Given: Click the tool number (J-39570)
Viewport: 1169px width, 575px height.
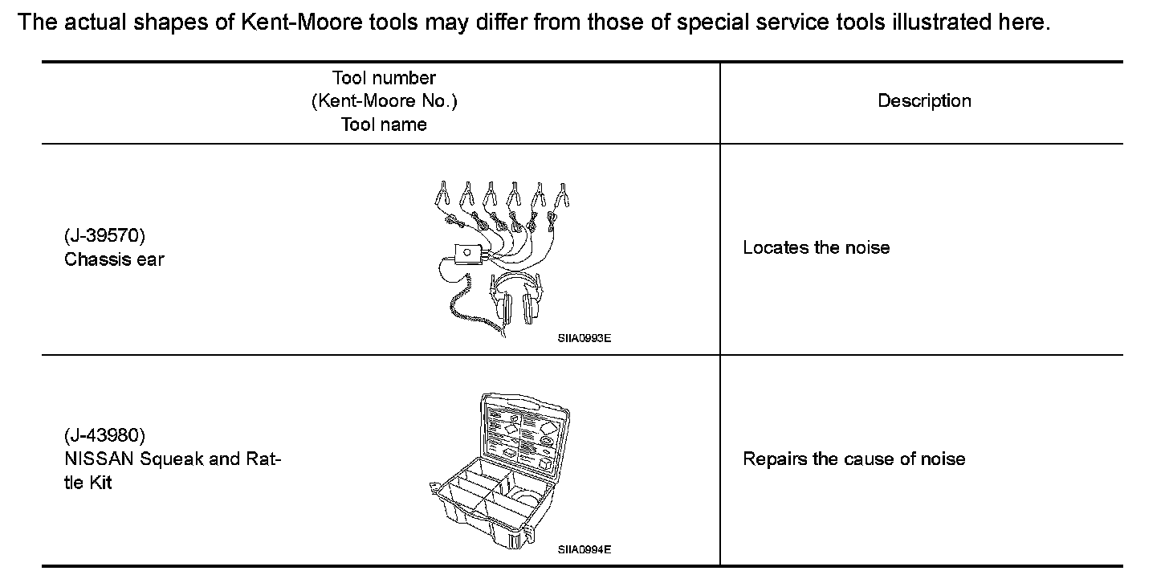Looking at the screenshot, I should click(104, 236).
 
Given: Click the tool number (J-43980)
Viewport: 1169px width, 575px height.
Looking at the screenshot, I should click(104, 435).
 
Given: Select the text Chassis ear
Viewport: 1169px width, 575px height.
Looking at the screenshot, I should click(114, 259).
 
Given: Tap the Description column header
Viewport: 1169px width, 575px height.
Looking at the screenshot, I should click(924, 101).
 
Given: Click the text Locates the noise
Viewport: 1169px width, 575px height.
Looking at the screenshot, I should click(816, 247).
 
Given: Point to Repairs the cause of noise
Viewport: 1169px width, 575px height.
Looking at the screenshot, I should click(853, 459).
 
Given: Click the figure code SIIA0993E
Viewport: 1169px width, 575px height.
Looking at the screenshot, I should click(584, 338).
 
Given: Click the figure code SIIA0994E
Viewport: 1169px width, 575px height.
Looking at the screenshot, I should click(584, 549).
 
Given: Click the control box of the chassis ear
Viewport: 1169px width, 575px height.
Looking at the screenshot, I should click(466, 254).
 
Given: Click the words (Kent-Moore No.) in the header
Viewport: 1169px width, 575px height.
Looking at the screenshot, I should click(384, 101).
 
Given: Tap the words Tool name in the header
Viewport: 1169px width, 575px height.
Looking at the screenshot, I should click(384, 124).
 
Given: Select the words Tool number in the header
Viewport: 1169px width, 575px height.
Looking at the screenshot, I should click(384, 78).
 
